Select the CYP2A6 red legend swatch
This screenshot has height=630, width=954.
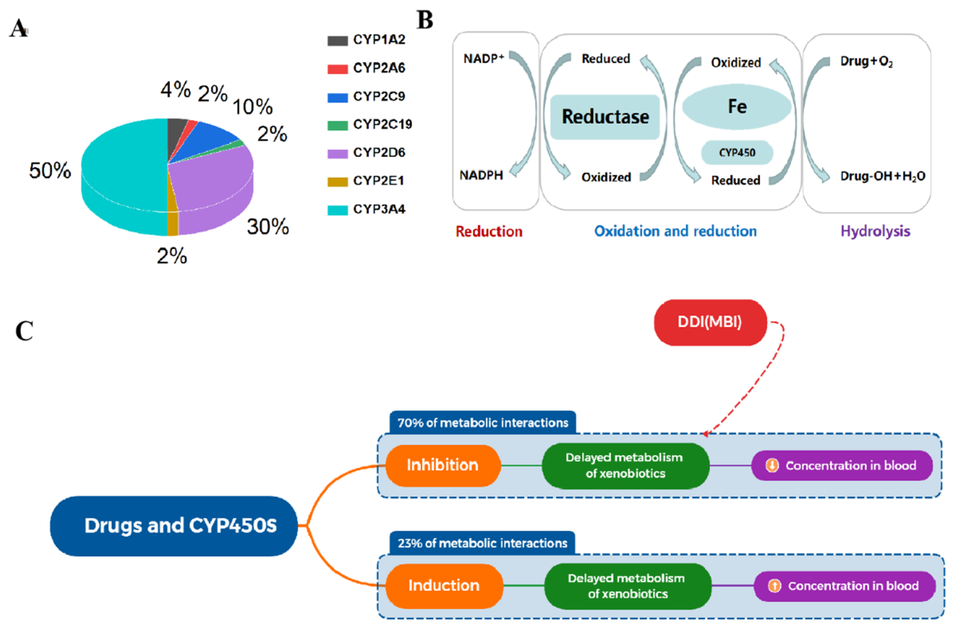[337, 69]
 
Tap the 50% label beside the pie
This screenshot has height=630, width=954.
[50, 170]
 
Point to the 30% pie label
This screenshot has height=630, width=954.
[268, 227]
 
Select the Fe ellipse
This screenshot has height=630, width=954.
[737, 107]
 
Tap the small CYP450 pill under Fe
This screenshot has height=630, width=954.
[737, 153]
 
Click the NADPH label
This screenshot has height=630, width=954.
[481, 175]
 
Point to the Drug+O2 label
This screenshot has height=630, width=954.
[866, 62]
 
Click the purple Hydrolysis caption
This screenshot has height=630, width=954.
[875, 231]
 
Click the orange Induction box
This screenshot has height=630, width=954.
[444, 585]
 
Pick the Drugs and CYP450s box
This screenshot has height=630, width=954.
[174, 526]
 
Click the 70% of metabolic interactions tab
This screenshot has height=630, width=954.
[482, 423]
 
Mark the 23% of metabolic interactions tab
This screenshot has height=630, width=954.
[482, 543]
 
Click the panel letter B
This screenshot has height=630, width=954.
[425, 20]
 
